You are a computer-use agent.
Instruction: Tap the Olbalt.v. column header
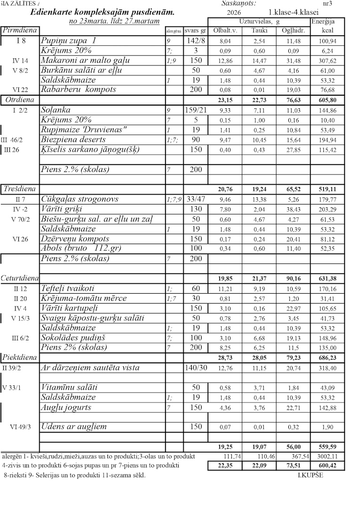(x=221, y=31)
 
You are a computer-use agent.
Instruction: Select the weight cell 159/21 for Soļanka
(x=196, y=110)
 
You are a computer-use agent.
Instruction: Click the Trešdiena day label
(x=19, y=189)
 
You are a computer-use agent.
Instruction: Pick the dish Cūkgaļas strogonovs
(x=80, y=199)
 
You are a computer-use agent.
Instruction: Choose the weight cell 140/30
(x=196, y=368)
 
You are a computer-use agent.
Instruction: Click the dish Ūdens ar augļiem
(x=74, y=427)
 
